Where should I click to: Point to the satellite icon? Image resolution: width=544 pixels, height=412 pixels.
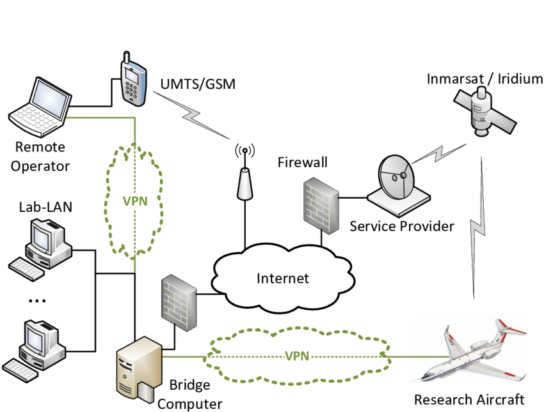484,110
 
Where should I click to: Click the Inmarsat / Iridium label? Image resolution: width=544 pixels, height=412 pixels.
485,79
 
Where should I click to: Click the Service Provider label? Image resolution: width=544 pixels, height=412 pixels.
402,226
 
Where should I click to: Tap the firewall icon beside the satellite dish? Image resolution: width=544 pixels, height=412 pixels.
320,204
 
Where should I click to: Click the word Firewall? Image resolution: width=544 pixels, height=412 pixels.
302,162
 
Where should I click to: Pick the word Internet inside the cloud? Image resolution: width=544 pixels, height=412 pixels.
282,278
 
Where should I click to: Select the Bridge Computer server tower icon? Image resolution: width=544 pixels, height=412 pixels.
137,369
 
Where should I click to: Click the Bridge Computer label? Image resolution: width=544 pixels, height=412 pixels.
189,395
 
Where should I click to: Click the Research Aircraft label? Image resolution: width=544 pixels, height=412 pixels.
469,400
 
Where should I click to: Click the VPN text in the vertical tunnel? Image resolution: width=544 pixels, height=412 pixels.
135,201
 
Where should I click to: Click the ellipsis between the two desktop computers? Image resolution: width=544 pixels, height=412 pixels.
38,300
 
